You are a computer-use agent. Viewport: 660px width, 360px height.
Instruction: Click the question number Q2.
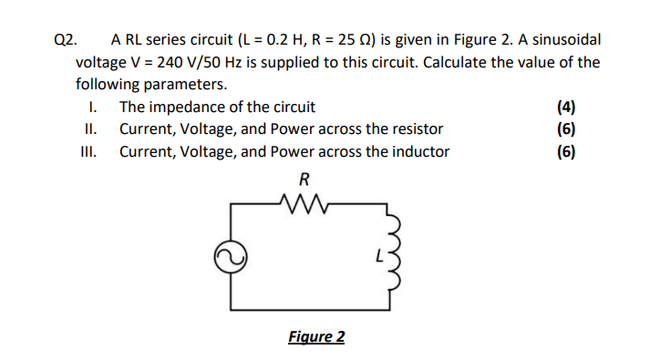[66, 40]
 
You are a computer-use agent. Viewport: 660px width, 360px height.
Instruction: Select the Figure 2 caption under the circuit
[315, 337]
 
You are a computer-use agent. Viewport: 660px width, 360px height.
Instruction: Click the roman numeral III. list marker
[88, 151]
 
